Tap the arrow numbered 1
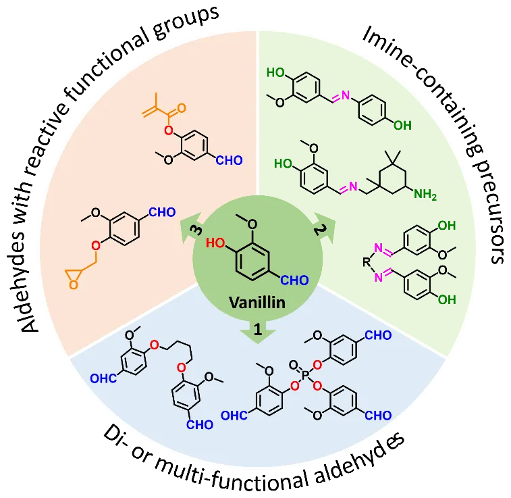pos(257,329)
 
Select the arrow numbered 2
pos(320,229)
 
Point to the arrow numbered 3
pos(192,230)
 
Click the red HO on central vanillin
pos(215,242)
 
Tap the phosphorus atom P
pos(304,374)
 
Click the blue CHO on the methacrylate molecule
pos(229,161)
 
